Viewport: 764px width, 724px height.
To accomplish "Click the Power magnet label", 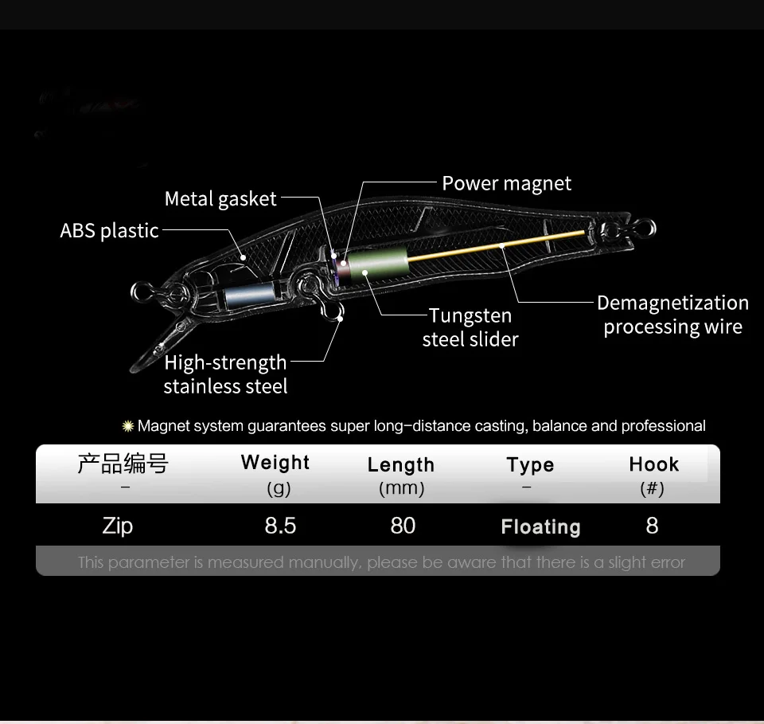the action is click(x=506, y=184).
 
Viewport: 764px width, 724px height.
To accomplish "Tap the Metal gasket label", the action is click(x=220, y=199).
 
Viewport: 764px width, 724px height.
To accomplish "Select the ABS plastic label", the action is click(x=110, y=231).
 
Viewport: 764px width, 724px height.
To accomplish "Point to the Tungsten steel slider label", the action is click(x=470, y=327).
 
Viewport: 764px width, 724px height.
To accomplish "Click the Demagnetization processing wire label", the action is click(x=672, y=315).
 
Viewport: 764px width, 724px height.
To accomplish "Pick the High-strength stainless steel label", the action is click(x=225, y=374).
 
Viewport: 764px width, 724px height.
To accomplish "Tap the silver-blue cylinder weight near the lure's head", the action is click(x=248, y=295).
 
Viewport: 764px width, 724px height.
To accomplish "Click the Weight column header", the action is click(x=275, y=463).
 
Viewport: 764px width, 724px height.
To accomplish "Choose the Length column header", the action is click(x=401, y=465).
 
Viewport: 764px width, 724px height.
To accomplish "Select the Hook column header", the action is click(x=653, y=464).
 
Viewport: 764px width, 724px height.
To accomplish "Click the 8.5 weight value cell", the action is click(x=280, y=526).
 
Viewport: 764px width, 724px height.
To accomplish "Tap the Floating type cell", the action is click(x=540, y=526).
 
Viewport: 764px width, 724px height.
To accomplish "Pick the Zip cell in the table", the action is click(x=118, y=526).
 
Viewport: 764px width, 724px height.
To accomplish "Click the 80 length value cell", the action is click(x=403, y=526).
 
